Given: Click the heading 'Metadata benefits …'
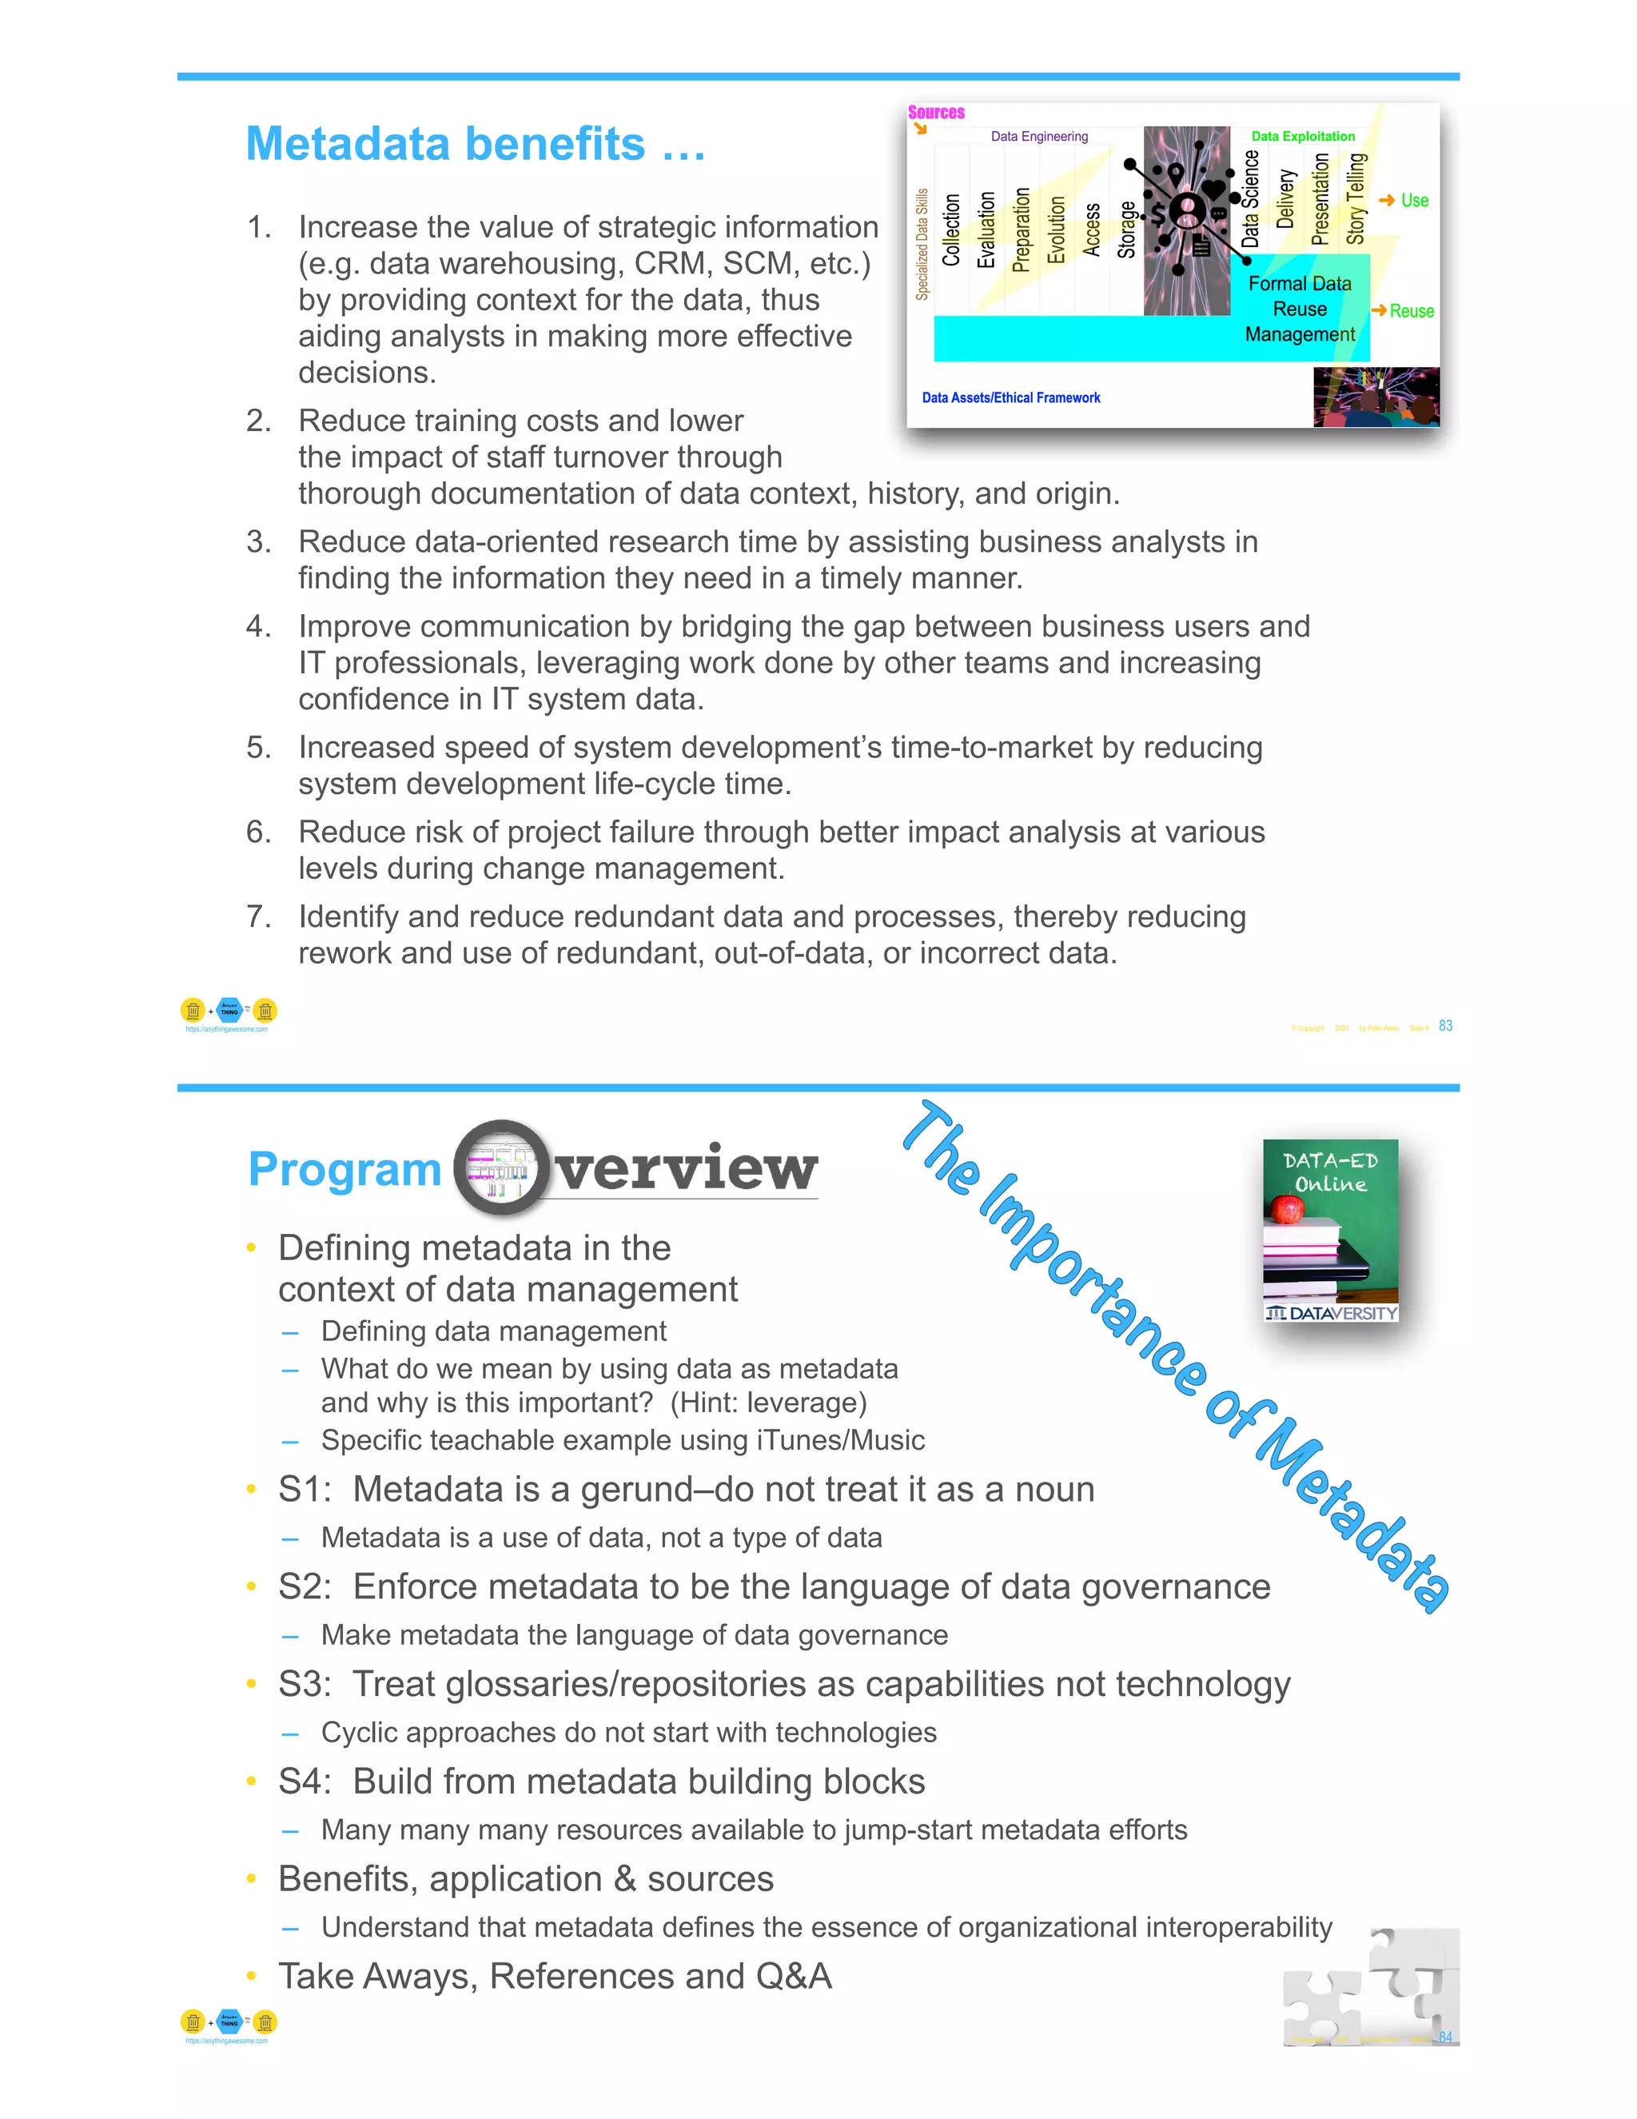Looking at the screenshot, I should [476, 145].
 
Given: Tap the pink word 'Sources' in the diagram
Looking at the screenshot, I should [936, 113].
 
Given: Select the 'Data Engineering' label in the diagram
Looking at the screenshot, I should [1038, 137].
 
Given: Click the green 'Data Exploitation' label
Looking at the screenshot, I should [1302, 137].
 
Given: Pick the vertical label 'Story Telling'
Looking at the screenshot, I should [1355, 199].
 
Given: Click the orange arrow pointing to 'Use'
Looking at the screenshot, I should [1387, 200].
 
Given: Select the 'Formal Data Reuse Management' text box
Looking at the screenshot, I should [1300, 309].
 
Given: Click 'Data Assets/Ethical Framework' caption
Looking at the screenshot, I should [1010, 397].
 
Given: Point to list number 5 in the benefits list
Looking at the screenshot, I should [258, 747].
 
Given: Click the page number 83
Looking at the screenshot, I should [1445, 1026].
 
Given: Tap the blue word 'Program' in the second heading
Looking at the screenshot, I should [345, 1169].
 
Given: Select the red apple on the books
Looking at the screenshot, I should [1288, 1209].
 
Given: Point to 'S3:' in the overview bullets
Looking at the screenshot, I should [304, 1684].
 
